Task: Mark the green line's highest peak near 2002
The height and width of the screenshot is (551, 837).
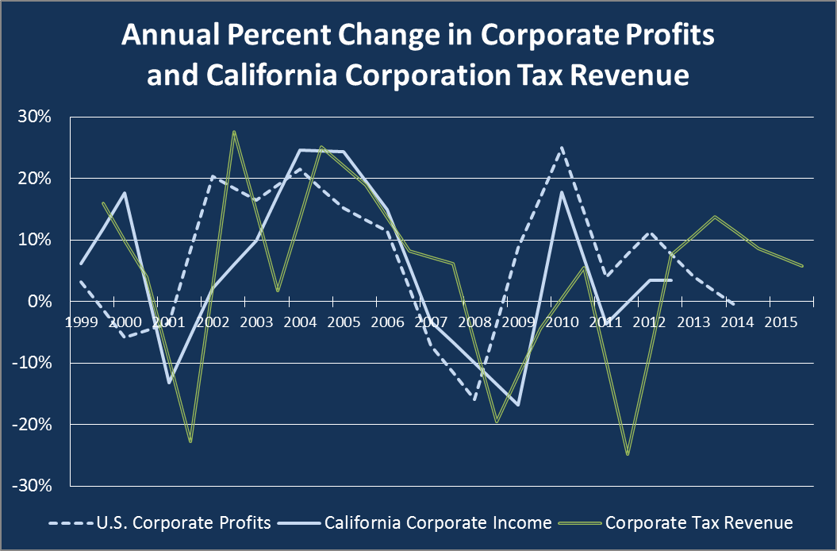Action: (234, 132)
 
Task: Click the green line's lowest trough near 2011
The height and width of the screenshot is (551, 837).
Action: (628, 454)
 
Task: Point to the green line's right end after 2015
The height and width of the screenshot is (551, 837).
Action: (803, 266)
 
